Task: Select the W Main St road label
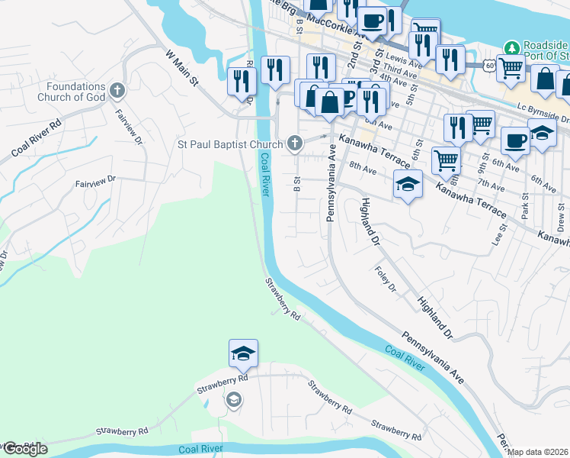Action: pyautogui.click(x=181, y=68)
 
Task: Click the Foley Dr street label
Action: pyautogui.click(x=386, y=279)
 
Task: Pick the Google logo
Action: pyautogui.click(x=24, y=449)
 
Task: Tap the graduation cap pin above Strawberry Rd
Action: pyautogui.click(x=243, y=353)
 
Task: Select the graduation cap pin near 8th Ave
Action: pyautogui.click(x=408, y=184)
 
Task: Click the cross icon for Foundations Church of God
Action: pyautogui.click(x=117, y=91)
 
